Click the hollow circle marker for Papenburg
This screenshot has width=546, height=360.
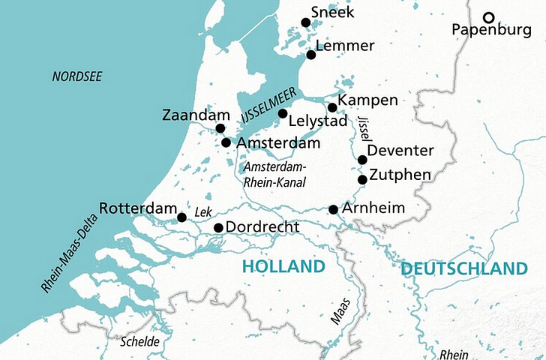click(x=489, y=17)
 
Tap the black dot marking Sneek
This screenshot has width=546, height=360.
click(x=305, y=22)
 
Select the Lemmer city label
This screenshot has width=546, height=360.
click(x=345, y=46)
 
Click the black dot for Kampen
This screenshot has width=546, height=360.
click(x=332, y=107)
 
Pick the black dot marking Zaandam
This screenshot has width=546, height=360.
click(x=220, y=128)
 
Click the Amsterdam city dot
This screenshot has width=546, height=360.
click(x=226, y=142)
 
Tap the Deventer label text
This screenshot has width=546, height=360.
click(x=401, y=151)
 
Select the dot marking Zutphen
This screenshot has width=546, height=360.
click(x=362, y=179)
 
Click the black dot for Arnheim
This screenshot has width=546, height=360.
click(x=334, y=209)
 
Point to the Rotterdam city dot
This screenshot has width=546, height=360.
click(x=181, y=218)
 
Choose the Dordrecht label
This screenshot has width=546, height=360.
click(x=262, y=227)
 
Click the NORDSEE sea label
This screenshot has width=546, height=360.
click(x=76, y=76)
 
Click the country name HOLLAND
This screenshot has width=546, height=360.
click(x=283, y=267)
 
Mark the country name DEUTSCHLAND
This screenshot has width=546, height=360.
click(x=463, y=268)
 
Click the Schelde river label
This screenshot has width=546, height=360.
click(x=140, y=341)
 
